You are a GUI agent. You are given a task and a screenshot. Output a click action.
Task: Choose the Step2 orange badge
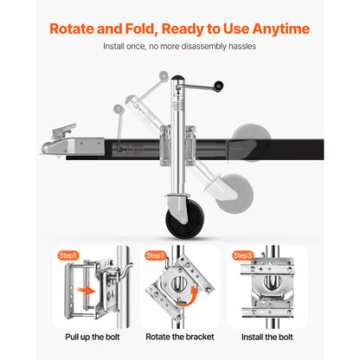point(157,256)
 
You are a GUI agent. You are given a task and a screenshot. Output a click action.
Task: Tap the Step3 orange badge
point(244,256)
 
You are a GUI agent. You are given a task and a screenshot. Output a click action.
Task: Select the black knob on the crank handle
point(220,86)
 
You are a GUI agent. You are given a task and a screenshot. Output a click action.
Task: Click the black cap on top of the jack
point(178,79)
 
